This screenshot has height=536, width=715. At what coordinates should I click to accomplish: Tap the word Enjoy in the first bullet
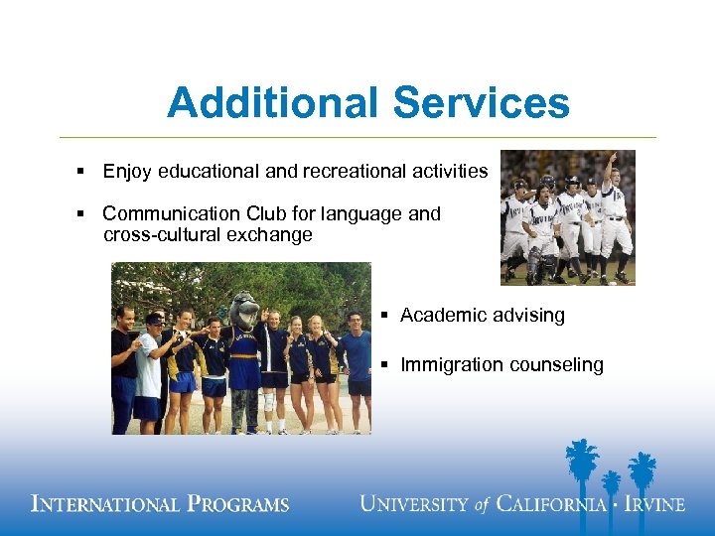pyautogui.click(x=126, y=172)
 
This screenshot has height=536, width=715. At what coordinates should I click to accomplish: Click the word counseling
pyautogui.click(x=555, y=365)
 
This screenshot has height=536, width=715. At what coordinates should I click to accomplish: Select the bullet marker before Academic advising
pyautogui.click(x=384, y=316)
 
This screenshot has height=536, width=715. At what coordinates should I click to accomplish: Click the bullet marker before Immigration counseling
pyautogui.click(x=384, y=365)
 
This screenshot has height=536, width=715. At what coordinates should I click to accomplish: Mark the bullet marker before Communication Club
pyautogui.click(x=80, y=213)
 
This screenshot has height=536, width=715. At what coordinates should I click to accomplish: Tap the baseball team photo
pyautogui.click(x=567, y=217)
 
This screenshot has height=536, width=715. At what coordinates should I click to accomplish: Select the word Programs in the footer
pyautogui.click(x=235, y=504)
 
